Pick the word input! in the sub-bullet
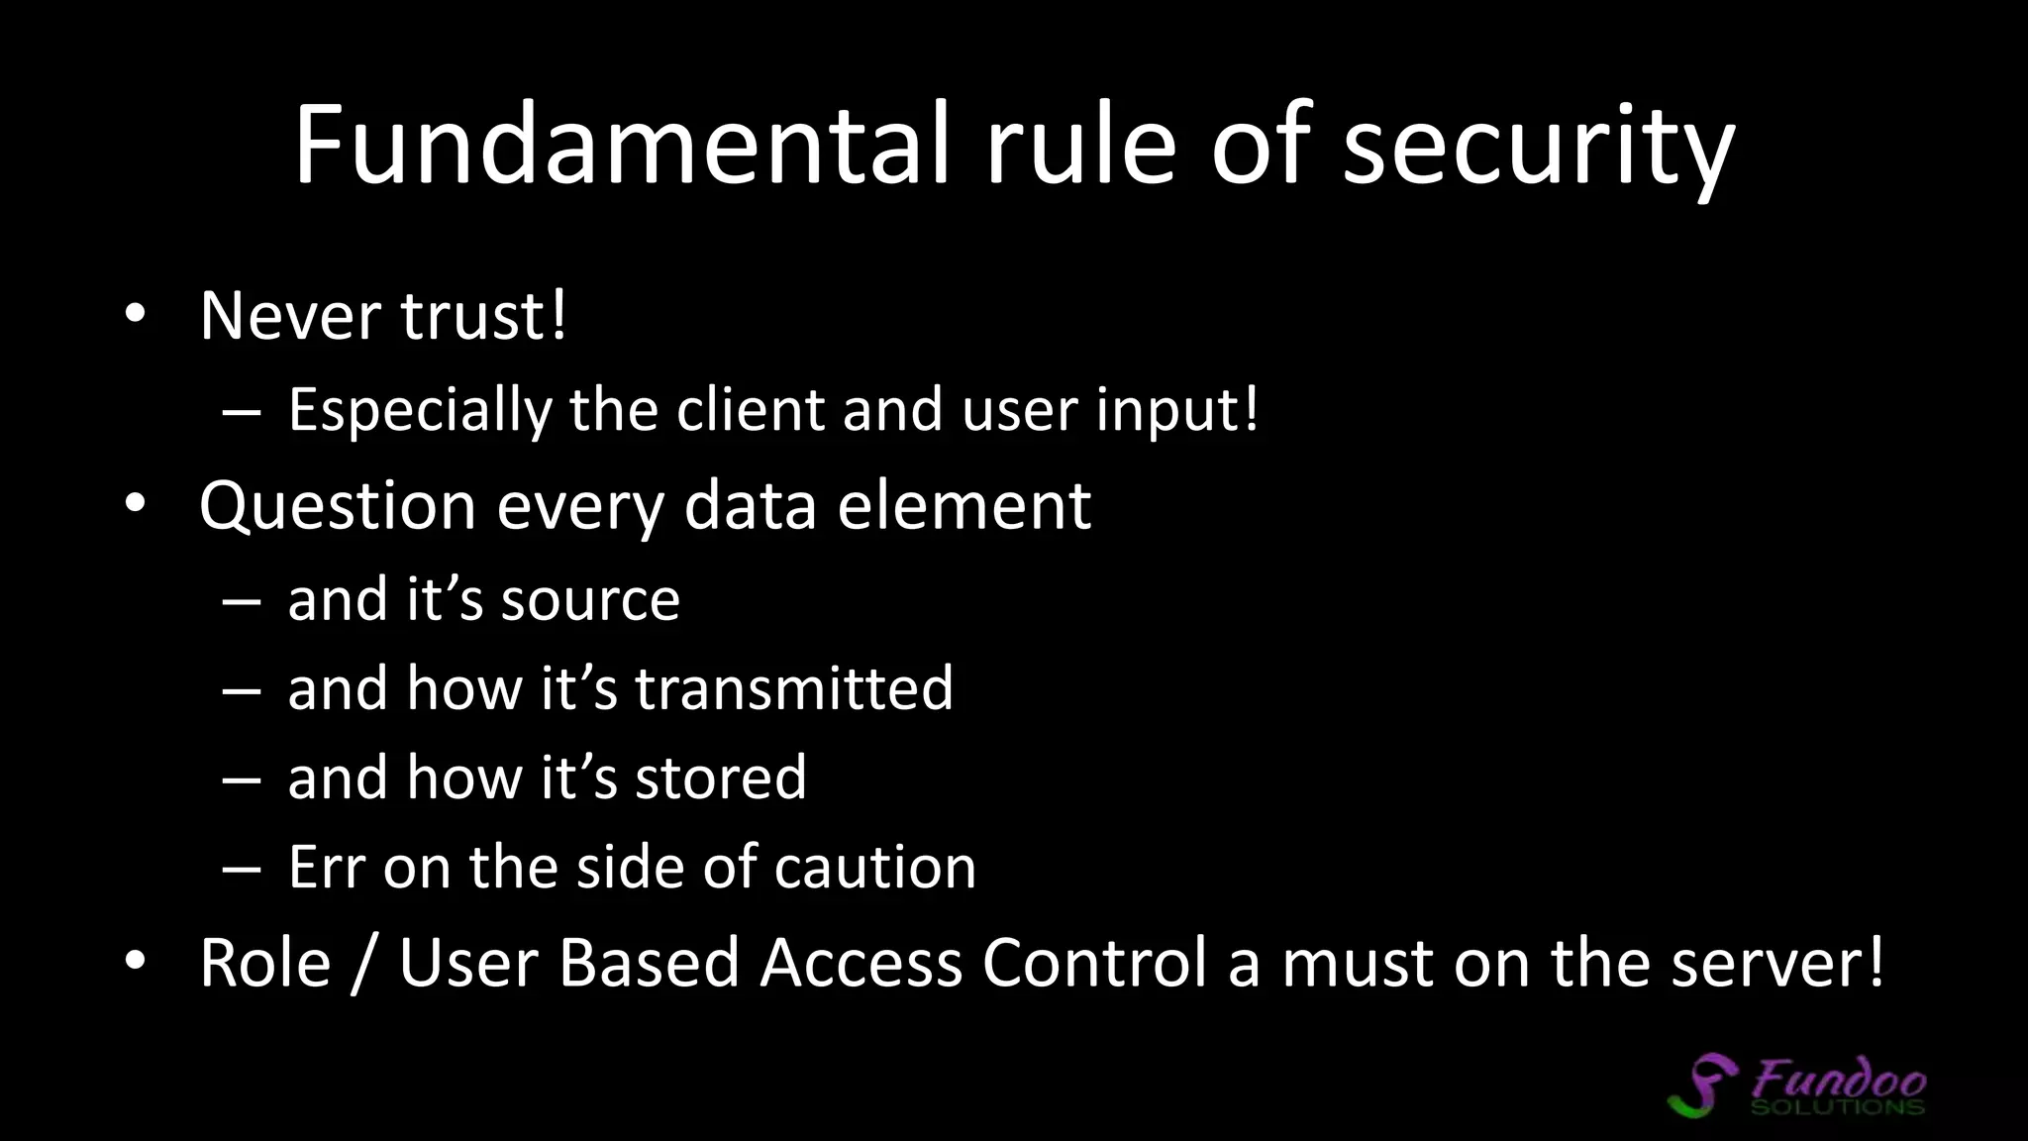1177,410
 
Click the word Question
338,507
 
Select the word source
590,600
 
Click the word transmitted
793,688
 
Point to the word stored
721,778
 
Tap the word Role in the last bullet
264,963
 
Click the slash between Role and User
364,963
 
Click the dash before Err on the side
242,869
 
